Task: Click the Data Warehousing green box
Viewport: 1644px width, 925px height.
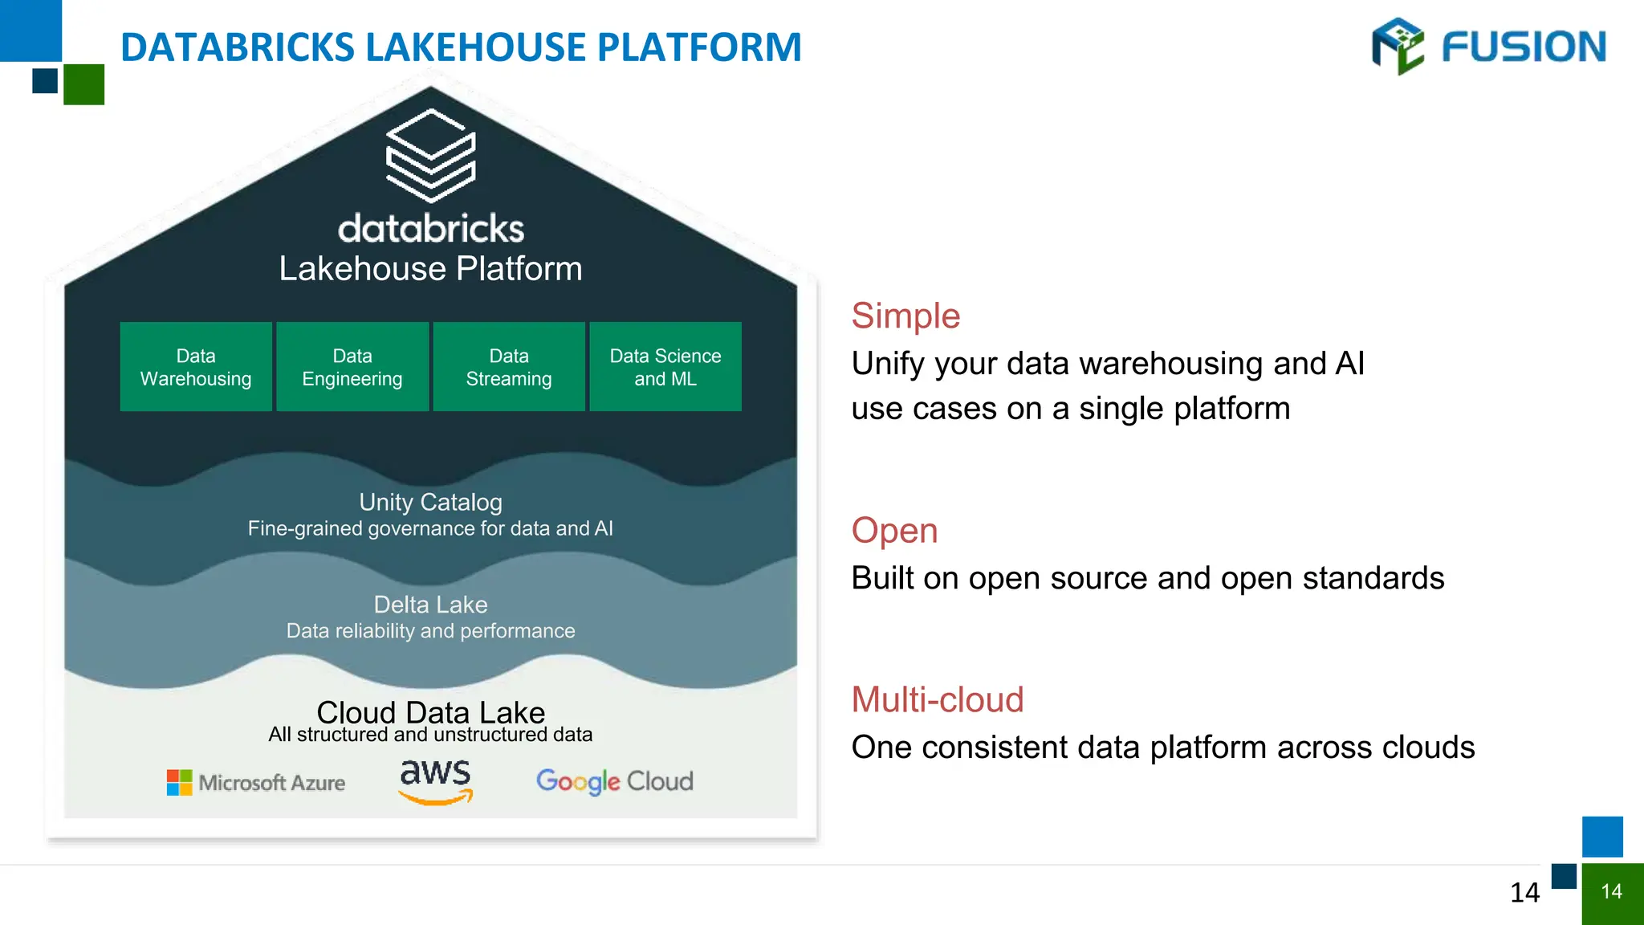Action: pyautogui.click(x=196, y=367)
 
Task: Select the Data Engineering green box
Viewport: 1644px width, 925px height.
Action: pyautogui.click(x=352, y=367)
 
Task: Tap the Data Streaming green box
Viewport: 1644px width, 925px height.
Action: pyautogui.click(x=509, y=367)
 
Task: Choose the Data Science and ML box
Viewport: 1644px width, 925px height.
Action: pyautogui.click(x=665, y=367)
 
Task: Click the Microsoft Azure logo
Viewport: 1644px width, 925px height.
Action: pyautogui.click(x=256, y=782)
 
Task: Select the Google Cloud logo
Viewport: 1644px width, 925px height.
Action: pyautogui.click(x=615, y=781)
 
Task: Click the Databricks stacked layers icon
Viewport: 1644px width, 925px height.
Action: pyautogui.click(x=431, y=156)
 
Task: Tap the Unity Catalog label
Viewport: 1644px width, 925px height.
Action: pyautogui.click(x=431, y=503)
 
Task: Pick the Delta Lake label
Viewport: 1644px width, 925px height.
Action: pyautogui.click(x=431, y=605)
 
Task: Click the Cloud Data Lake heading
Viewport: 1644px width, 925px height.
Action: pyautogui.click(x=431, y=712)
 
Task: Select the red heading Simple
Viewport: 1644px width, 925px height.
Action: pyautogui.click(x=905, y=316)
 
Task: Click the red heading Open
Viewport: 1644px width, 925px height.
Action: pyautogui.click(x=894, y=531)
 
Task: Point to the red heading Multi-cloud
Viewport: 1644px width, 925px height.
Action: pyautogui.click(x=938, y=699)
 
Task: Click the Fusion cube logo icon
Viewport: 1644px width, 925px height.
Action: pyautogui.click(x=1398, y=46)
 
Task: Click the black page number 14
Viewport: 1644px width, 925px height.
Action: pyautogui.click(x=1524, y=893)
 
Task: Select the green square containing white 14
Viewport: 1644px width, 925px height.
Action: pyautogui.click(x=1612, y=893)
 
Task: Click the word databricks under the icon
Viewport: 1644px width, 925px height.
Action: pyautogui.click(x=431, y=229)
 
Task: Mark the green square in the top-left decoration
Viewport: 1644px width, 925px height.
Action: pyautogui.click(x=83, y=84)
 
